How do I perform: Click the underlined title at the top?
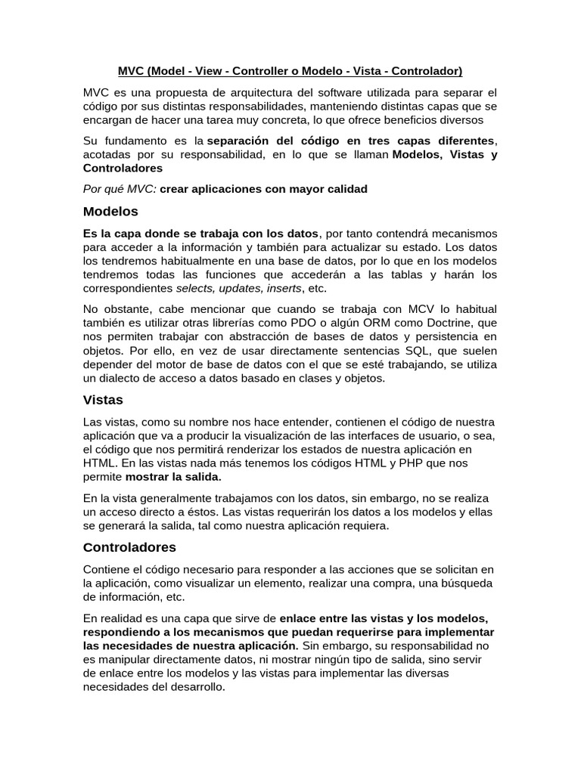[290, 72]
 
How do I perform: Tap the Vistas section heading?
[103, 398]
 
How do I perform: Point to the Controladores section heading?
[129, 546]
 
